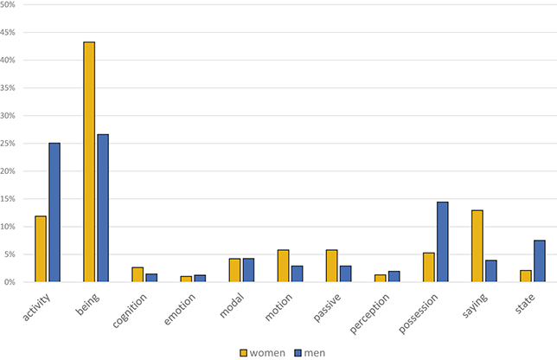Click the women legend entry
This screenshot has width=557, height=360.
point(265,350)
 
